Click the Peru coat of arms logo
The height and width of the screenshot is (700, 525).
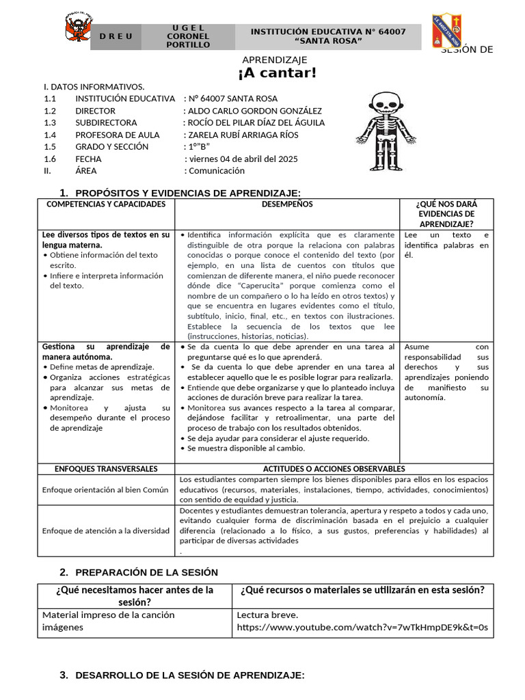tap(80, 31)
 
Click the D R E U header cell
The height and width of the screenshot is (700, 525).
tap(117, 37)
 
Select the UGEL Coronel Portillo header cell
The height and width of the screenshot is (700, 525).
tap(188, 36)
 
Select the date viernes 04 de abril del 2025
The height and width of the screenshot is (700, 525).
tap(243, 159)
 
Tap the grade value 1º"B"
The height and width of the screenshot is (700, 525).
tap(199, 147)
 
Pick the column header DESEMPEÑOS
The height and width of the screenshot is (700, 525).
tap(287, 204)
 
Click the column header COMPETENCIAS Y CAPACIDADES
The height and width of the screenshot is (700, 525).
tap(106, 204)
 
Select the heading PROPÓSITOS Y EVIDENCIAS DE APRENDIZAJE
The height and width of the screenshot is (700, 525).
tap(187, 193)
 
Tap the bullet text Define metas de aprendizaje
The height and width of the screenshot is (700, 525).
tap(102, 367)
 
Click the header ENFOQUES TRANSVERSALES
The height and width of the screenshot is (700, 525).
tap(106, 469)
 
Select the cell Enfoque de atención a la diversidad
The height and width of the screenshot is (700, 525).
tap(106, 530)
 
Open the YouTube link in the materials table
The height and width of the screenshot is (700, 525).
tap(362, 628)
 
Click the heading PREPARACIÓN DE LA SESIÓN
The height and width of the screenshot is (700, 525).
tap(146, 572)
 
